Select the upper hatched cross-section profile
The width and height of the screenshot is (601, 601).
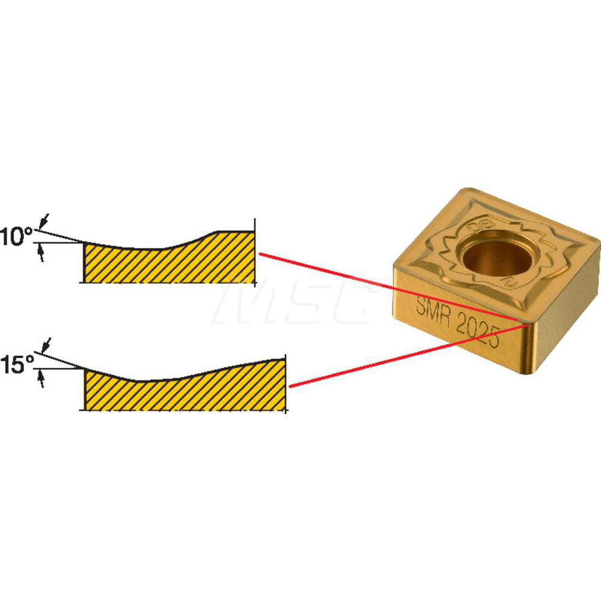pos(168,261)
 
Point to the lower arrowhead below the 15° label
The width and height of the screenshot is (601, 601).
pos(41,379)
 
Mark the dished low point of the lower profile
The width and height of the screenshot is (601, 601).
pos(144,380)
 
